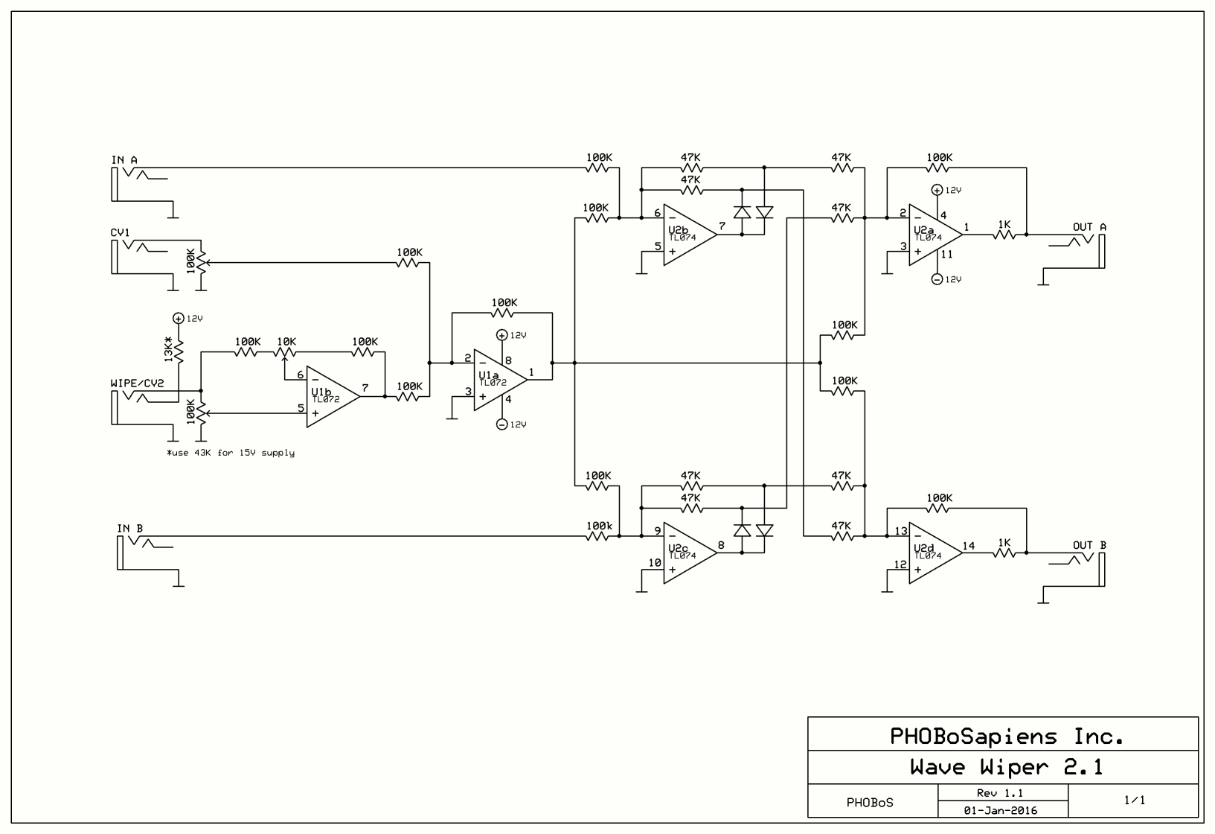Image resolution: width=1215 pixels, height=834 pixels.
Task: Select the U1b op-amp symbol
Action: tap(330, 396)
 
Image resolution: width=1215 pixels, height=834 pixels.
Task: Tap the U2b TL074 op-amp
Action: tap(687, 234)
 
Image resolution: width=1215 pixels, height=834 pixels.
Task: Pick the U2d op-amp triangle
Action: tap(933, 552)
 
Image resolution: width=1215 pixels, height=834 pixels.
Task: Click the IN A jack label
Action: tap(124, 160)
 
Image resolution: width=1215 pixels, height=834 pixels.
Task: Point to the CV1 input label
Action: tap(121, 232)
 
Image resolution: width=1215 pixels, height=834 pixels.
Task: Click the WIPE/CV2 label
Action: tap(137, 383)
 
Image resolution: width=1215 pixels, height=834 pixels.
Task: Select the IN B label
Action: tap(130, 529)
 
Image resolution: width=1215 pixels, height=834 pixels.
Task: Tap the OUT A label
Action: tap(1089, 227)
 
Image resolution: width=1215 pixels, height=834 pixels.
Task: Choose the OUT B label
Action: tap(1089, 545)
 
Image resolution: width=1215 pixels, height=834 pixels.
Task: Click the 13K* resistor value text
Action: tap(169, 350)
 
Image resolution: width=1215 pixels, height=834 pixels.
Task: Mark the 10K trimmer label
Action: tap(286, 341)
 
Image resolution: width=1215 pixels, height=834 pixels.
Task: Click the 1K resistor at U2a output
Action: tap(1004, 234)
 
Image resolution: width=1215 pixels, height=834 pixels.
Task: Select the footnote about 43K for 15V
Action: tap(231, 453)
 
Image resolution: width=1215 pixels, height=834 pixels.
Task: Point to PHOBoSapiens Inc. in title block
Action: tap(1006, 736)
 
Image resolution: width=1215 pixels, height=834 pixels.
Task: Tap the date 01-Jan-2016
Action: tap(1001, 810)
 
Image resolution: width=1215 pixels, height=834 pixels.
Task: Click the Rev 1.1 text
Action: tap(1001, 793)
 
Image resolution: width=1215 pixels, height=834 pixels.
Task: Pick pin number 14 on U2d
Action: tap(968, 545)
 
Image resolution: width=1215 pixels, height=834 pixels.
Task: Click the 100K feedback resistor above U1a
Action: tap(504, 313)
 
